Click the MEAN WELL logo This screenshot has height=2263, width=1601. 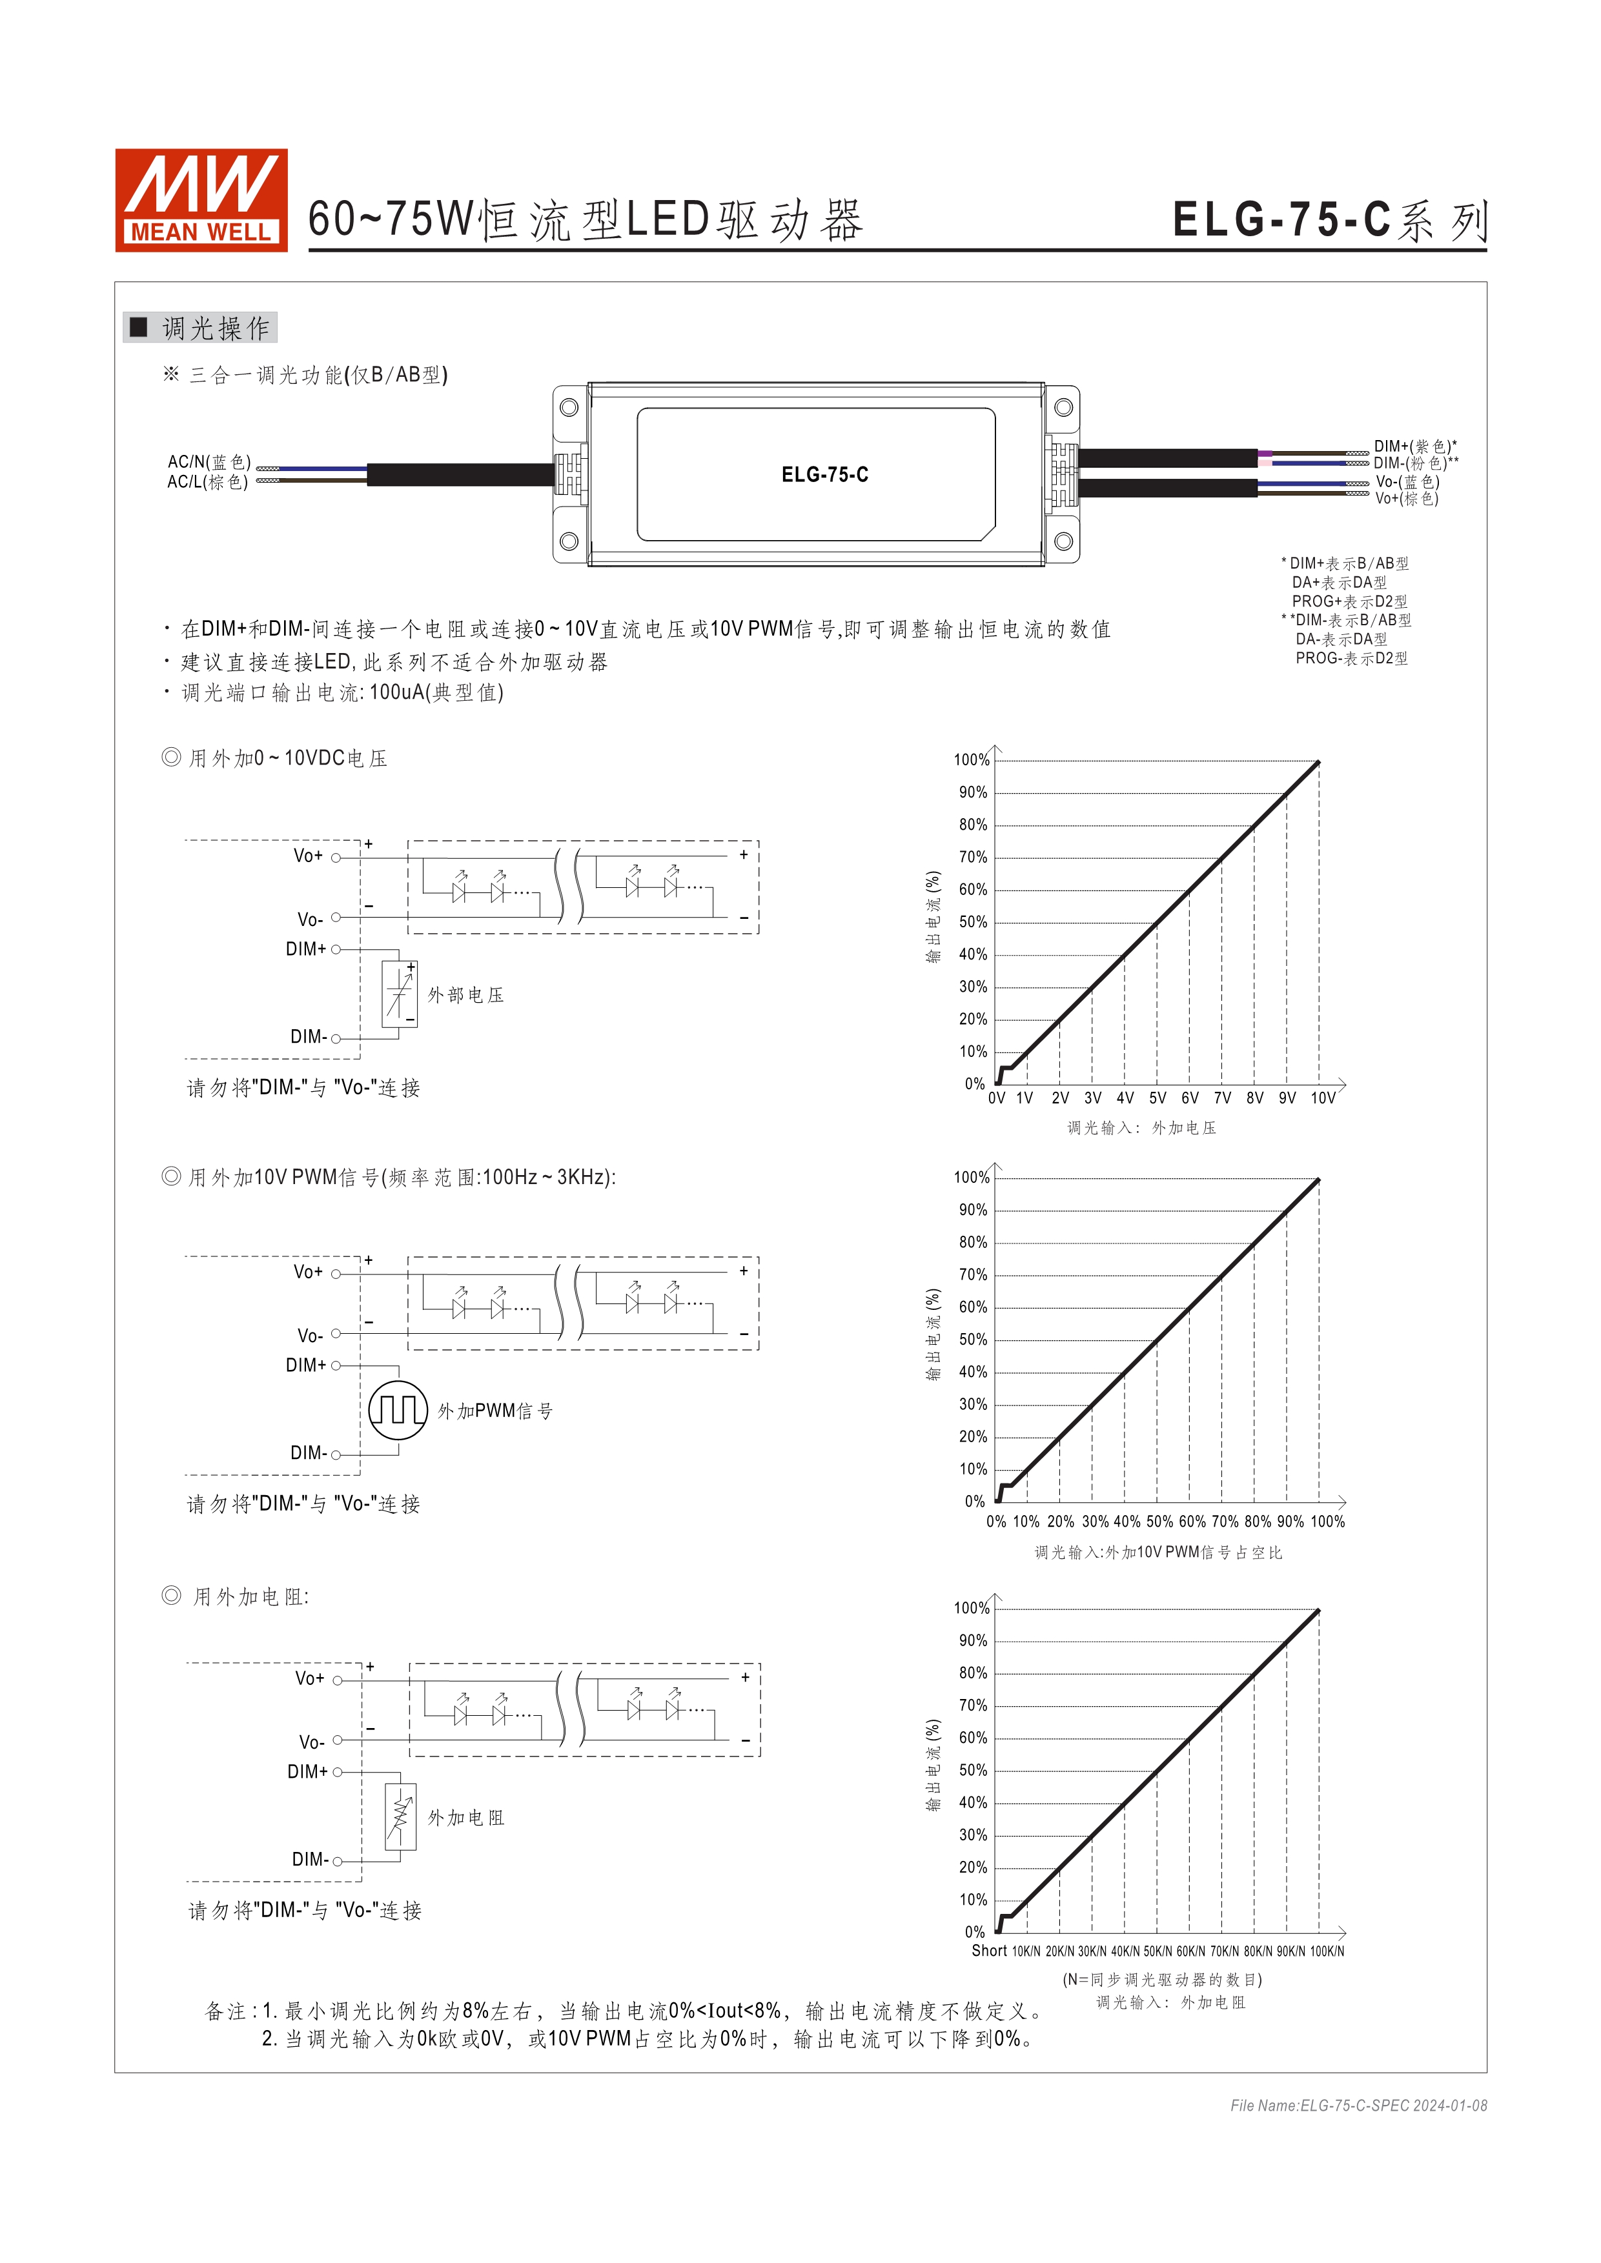coord(201,200)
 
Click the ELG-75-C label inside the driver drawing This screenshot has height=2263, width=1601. coord(824,475)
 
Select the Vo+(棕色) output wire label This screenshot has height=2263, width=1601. coord(1407,499)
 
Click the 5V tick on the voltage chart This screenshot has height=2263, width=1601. coord(1157,1098)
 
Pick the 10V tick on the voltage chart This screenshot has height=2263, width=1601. coord(1322,1098)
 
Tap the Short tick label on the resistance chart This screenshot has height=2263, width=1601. coord(989,1951)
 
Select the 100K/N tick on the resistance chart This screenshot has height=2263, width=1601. coord(1327,1951)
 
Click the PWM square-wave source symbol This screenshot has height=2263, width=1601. coord(398,1411)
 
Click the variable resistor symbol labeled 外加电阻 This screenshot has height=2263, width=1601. coord(400,1816)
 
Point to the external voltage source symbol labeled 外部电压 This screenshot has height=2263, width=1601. coord(399,994)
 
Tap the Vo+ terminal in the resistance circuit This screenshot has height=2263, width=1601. coord(337,1680)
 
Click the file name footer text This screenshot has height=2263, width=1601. coord(1358,2106)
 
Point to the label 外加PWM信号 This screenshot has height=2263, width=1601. coord(495,1411)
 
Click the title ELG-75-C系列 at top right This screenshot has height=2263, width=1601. coord(1329,221)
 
